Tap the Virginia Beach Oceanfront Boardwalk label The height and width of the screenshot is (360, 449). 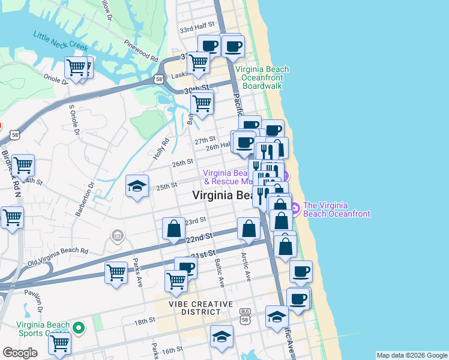[262, 77]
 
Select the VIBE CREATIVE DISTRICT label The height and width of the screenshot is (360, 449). [192, 308]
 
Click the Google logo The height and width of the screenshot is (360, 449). [20, 353]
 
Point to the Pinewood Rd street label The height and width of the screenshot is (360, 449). [140, 52]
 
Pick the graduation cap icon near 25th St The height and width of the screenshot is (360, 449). [137, 186]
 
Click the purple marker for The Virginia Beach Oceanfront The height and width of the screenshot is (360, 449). [295, 208]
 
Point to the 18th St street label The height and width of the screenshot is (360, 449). [144, 322]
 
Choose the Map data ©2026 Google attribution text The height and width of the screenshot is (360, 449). [411, 355]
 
